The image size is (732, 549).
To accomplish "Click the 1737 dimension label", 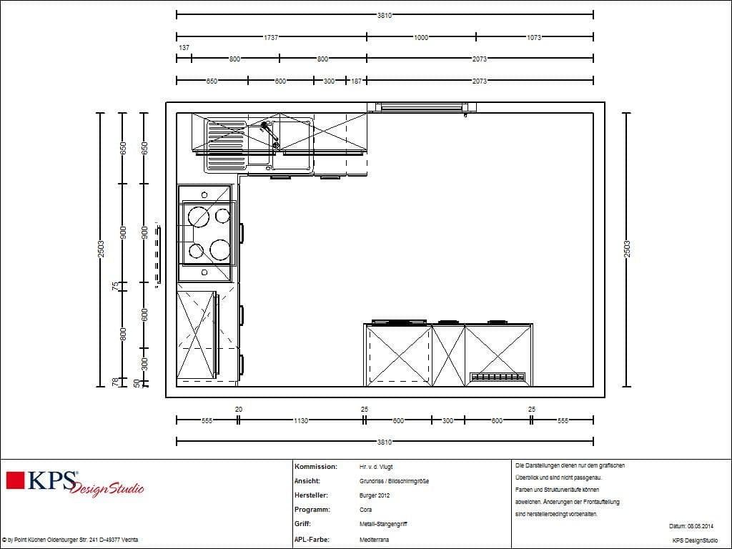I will tap(271, 37).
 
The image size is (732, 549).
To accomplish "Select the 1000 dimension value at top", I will tap(420, 37).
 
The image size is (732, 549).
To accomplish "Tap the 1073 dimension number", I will tap(534, 37).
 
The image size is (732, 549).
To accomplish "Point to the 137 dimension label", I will tap(184, 48).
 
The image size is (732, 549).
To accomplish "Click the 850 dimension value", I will tap(212, 81).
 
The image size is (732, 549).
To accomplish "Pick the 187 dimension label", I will tap(356, 81).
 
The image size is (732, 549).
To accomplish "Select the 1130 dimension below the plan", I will tap(300, 421).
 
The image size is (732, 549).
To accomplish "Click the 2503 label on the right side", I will tap(627, 249).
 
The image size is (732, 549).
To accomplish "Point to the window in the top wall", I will tap(422, 107).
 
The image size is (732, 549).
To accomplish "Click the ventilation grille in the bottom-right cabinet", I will tap(498, 377).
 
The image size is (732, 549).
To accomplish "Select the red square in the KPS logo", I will tap(16, 480).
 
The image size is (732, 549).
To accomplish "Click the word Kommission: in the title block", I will tap(316, 466).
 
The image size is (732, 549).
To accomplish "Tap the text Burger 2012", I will tap(376, 495).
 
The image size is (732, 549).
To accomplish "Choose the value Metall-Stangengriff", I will tap(383, 525).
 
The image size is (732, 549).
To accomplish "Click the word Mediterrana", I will tap(375, 540).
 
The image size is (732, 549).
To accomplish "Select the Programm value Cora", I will tap(366, 510).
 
